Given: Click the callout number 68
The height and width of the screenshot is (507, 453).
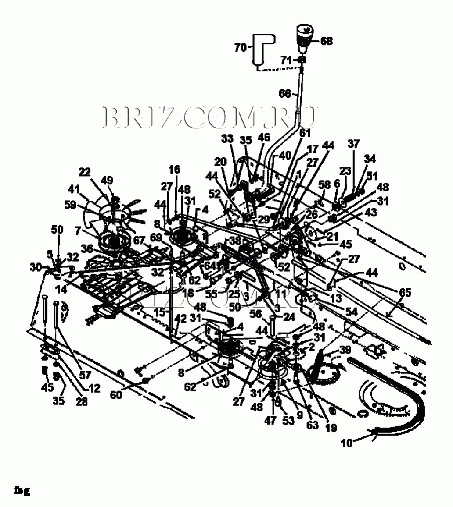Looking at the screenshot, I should click(x=327, y=41).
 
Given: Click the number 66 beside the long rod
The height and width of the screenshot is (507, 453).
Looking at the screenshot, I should click(x=285, y=93).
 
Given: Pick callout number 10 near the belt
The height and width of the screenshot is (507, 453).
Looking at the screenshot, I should click(x=346, y=443).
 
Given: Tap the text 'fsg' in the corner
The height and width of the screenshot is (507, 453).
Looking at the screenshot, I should click(x=22, y=489).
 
